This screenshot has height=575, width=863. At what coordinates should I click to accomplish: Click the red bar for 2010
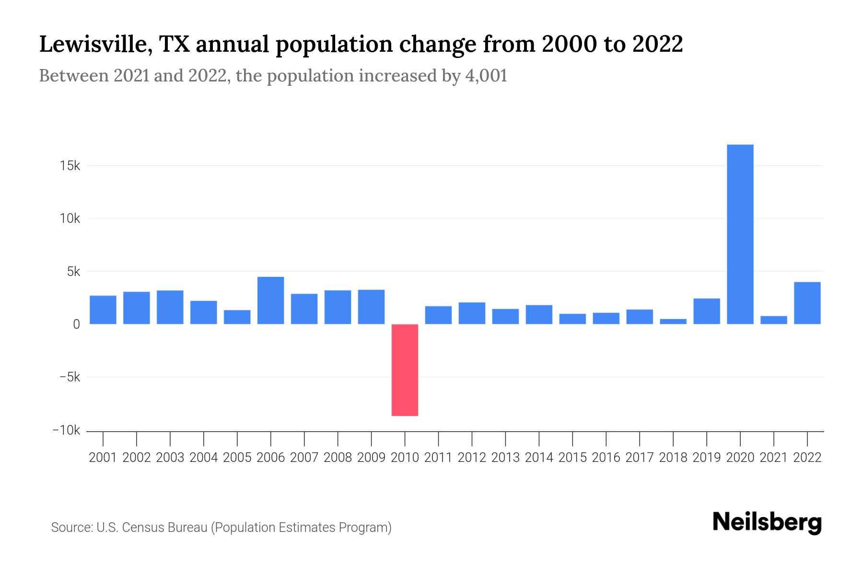click(405, 370)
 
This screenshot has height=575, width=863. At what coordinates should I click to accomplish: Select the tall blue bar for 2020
click(740, 234)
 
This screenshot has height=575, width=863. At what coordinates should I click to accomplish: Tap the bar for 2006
click(270, 300)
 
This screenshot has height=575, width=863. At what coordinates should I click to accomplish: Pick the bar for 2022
click(807, 303)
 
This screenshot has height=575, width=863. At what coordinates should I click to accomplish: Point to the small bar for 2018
click(673, 322)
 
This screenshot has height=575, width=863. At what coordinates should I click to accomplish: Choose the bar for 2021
click(773, 320)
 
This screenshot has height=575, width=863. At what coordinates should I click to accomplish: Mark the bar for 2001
click(103, 310)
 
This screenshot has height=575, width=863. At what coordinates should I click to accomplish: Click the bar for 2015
click(572, 319)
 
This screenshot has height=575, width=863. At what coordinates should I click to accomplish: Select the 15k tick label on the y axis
click(70, 166)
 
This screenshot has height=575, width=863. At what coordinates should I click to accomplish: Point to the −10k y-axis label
click(66, 430)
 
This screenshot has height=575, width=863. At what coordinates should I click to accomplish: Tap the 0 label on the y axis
click(76, 324)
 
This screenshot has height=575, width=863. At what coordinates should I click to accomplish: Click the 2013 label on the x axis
click(505, 458)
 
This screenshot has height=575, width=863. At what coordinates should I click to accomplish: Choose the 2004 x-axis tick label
click(203, 458)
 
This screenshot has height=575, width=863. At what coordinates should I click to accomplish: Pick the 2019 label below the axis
click(706, 458)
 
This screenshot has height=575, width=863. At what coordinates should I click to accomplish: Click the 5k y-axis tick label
click(73, 272)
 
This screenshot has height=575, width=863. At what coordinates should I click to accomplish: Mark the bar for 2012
click(472, 313)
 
